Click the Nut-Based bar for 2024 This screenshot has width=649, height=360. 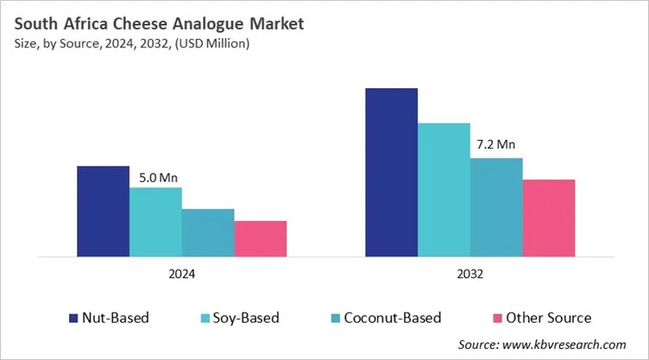tap(103, 212)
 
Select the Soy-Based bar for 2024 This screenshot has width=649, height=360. tap(155, 222)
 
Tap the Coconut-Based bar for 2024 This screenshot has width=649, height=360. tap(208, 233)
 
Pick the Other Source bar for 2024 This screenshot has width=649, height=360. tap(261, 239)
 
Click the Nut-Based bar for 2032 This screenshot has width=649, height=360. tap(391, 173)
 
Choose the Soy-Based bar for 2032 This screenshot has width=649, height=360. tap(444, 190)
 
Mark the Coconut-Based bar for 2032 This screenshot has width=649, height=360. tap(496, 207)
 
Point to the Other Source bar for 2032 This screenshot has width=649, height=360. tap(549, 218)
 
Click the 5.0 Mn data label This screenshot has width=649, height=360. tap(159, 178)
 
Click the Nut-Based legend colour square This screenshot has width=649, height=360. tap(74, 319)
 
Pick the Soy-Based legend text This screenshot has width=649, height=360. tap(248, 319)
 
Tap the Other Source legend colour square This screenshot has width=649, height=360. tap(496, 319)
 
